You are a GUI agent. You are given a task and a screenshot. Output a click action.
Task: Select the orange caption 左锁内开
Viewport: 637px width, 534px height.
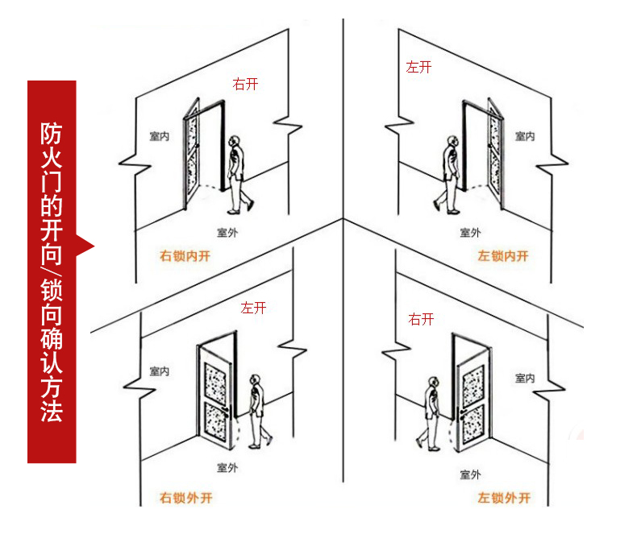coord(502,256)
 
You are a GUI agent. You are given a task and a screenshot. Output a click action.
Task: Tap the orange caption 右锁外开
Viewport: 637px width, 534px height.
coord(186,497)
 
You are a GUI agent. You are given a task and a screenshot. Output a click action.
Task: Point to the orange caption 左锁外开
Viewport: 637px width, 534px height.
coord(504,497)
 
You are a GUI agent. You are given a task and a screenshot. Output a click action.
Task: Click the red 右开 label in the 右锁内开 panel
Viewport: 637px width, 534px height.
coord(245,84)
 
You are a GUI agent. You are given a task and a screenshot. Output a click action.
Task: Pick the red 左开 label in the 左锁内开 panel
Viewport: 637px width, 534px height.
coord(418,68)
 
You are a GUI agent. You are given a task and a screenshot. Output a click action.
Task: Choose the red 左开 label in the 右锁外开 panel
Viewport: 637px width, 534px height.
coord(252,308)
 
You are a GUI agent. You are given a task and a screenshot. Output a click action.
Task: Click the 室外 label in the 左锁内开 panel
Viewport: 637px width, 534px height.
coord(470,233)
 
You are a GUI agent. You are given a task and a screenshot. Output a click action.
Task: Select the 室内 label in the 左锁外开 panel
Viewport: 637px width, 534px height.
coord(525,378)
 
